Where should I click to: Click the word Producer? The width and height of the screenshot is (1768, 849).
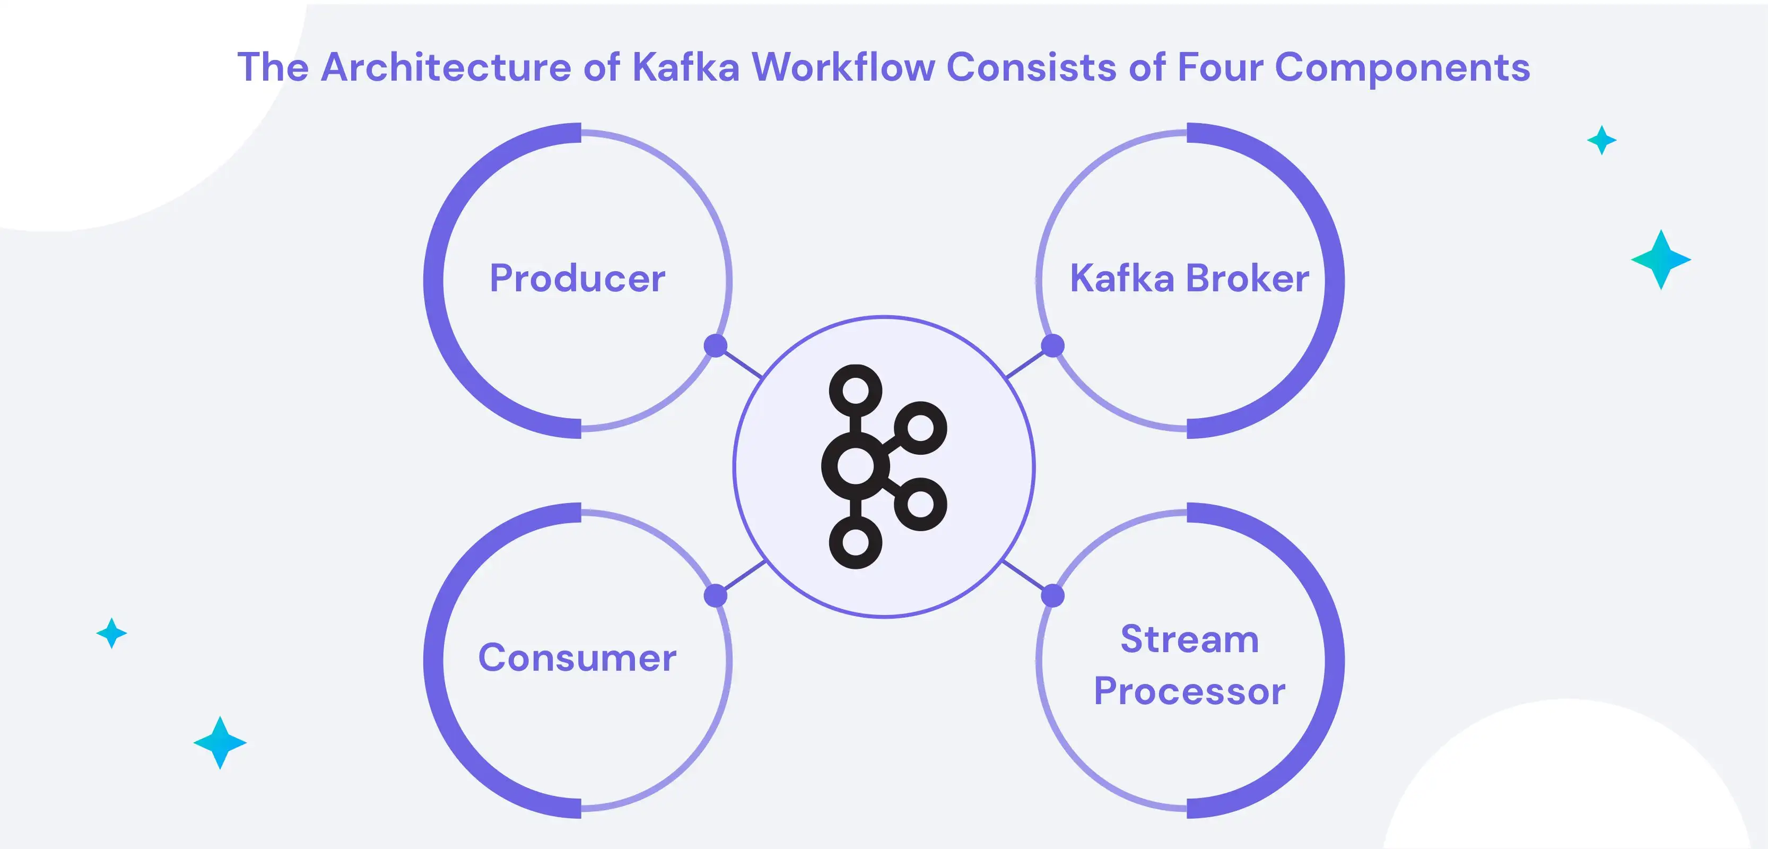click(577, 279)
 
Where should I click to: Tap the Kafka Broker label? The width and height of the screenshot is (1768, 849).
click(1189, 279)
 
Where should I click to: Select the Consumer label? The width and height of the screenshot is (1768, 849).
click(577, 658)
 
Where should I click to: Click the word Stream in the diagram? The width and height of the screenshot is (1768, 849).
click(1189, 639)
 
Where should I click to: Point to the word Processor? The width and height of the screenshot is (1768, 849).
click(1189, 691)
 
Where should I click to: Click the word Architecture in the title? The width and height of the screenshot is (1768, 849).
click(446, 67)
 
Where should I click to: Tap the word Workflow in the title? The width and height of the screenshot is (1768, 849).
click(843, 67)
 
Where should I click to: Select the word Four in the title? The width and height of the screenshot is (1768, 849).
click(1220, 67)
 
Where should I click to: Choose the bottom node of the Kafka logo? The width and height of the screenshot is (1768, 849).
click(855, 542)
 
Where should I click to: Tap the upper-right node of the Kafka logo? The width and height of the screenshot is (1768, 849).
click(920, 429)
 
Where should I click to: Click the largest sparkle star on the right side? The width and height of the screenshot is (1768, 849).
click(1661, 259)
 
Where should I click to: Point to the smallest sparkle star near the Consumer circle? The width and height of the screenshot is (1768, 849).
click(112, 633)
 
